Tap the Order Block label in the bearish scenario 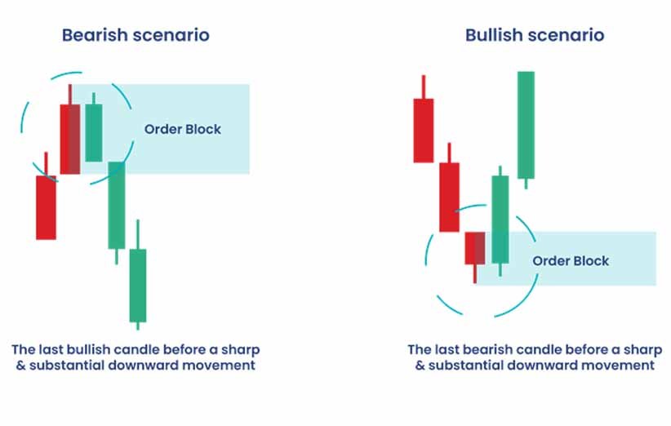click(x=183, y=129)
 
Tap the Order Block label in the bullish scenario click(x=571, y=261)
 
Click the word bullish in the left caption click(x=91, y=349)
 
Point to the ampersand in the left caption click(x=20, y=366)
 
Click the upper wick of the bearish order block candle click(x=69, y=95)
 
